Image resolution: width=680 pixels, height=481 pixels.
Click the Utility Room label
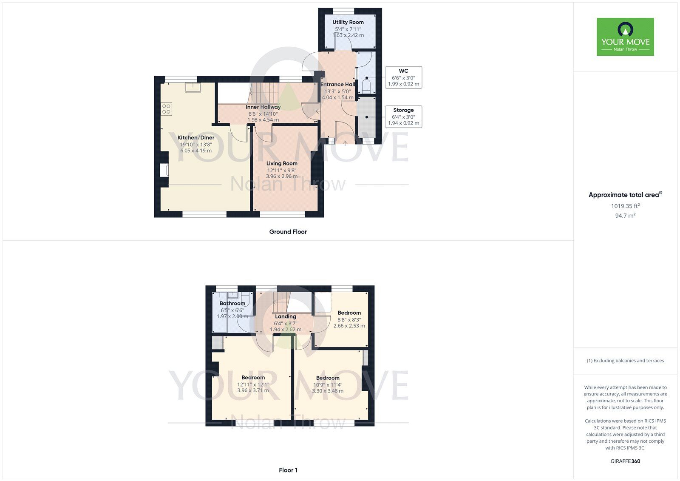(x=348, y=22)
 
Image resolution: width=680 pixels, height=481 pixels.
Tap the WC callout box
(x=403, y=77)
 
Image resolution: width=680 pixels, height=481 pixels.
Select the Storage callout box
(x=403, y=117)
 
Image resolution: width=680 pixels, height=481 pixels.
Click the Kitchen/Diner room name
(x=196, y=138)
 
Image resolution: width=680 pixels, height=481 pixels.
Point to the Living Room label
(x=282, y=163)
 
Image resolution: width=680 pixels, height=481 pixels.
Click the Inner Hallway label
(x=263, y=107)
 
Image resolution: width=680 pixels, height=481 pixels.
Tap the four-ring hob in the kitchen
(x=166, y=109)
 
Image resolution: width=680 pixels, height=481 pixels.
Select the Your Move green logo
(x=625, y=37)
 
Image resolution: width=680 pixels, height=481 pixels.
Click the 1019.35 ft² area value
(x=625, y=206)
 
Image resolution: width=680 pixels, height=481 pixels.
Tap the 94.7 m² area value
(x=625, y=216)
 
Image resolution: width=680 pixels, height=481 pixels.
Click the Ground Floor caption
(x=288, y=232)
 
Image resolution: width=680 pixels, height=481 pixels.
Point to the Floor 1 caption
(x=288, y=470)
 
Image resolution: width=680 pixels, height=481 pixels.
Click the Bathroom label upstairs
(x=232, y=303)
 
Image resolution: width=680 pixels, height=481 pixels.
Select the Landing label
(x=285, y=316)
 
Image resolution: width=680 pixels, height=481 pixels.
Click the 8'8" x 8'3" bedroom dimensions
(x=349, y=320)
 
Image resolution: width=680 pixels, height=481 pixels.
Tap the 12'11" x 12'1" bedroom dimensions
(x=253, y=384)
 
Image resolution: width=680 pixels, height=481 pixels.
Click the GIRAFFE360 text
(x=625, y=461)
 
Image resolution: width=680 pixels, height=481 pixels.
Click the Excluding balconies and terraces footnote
(x=625, y=361)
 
